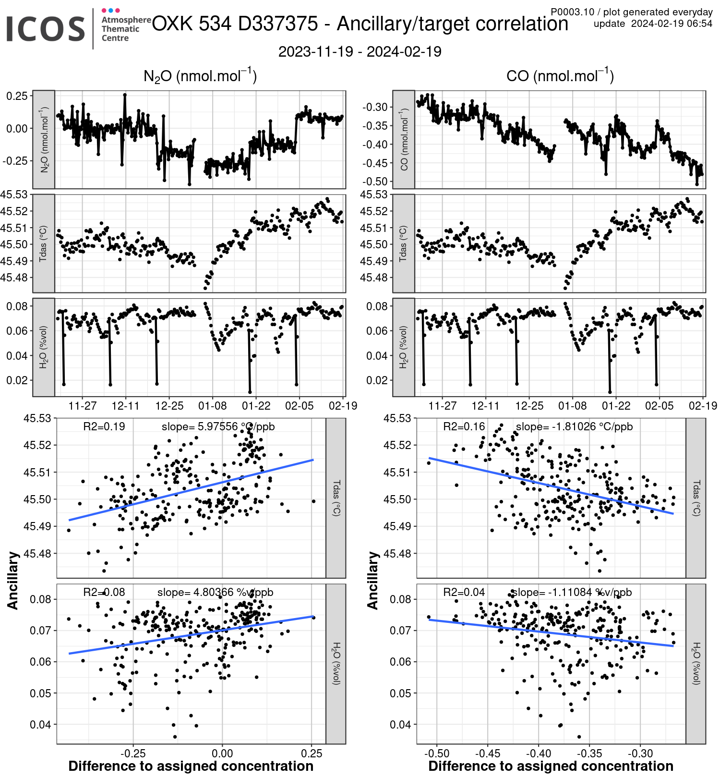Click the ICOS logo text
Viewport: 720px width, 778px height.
(46, 29)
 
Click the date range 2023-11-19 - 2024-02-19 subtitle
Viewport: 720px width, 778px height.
(360, 52)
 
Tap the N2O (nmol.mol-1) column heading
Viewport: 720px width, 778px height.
(200, 76)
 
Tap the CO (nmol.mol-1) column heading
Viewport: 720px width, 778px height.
(560, 76)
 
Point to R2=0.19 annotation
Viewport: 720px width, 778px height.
(104, 426)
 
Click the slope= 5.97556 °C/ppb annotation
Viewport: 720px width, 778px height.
(218, 426)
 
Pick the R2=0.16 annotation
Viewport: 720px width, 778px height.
(464, 426)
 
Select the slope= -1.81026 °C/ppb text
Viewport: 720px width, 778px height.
(574, 426)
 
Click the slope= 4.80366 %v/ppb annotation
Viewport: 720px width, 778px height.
(215, 592)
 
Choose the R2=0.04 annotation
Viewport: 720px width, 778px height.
(464, 592)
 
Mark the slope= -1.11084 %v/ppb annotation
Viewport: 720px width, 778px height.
(571, 592)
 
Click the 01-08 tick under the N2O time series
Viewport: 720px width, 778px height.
(213, 406)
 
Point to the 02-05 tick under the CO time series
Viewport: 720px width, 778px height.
(659, 406)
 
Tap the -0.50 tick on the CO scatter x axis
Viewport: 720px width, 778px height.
(437, 753)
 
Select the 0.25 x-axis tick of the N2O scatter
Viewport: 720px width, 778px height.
(312, 753)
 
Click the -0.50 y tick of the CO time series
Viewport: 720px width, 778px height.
(375, 182)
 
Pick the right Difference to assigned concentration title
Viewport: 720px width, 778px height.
(551, 766)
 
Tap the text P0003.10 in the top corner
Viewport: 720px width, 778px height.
(572, 12)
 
